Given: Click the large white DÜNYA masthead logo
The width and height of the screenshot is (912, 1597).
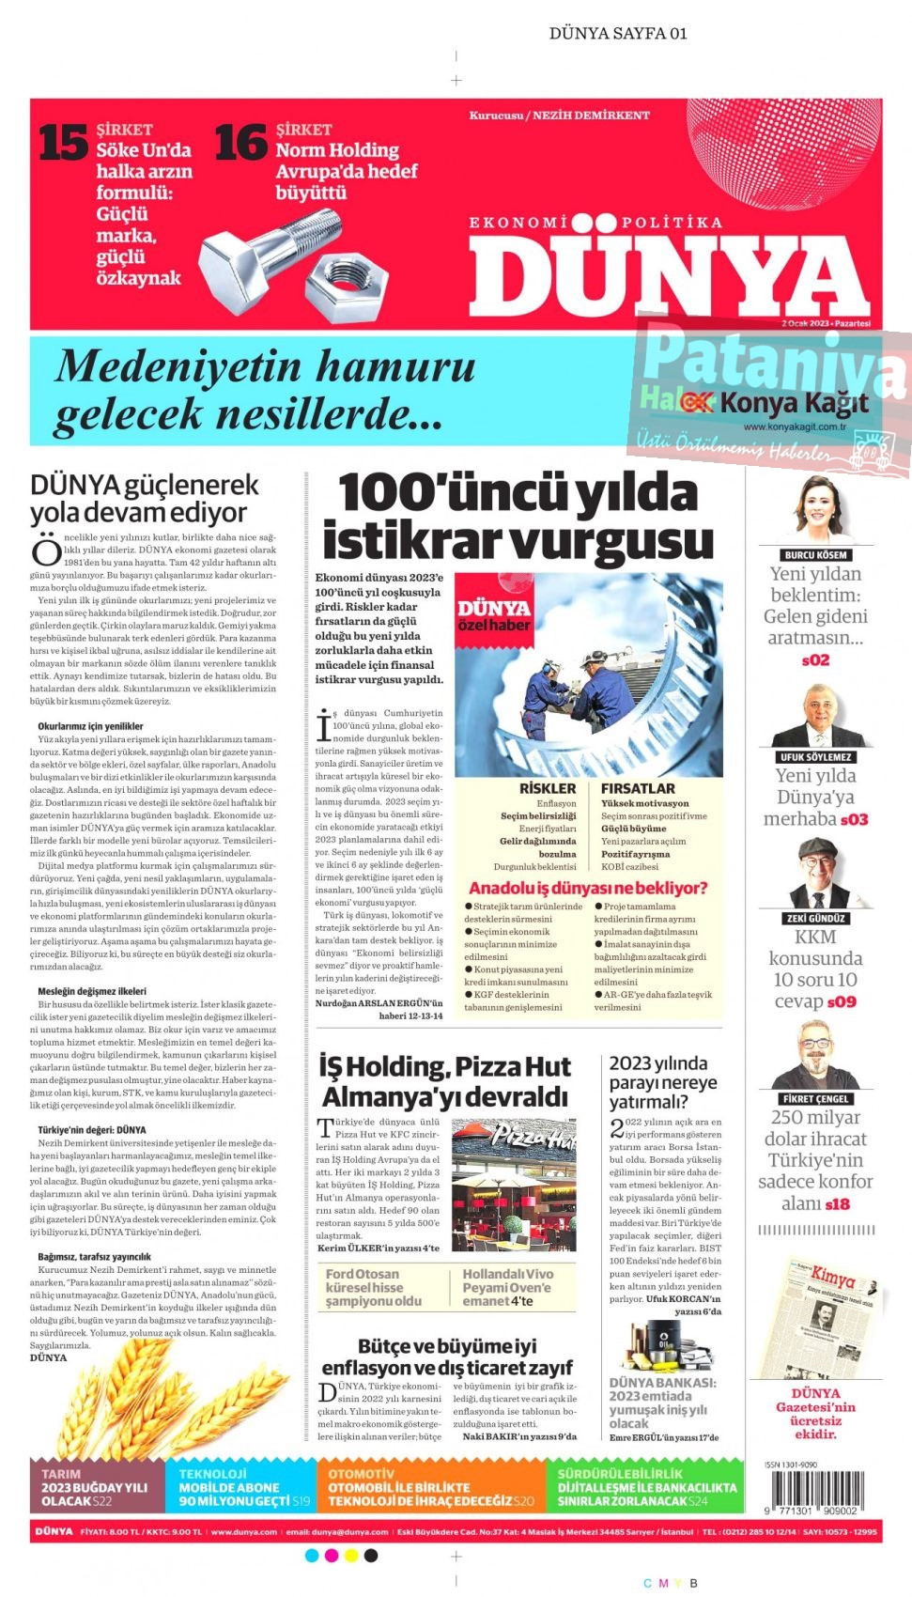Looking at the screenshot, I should coord(668,275).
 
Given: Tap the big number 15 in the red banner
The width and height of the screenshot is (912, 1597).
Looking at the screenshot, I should coord(63,143).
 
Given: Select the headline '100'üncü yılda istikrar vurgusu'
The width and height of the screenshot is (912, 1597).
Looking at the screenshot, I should coord(518,518).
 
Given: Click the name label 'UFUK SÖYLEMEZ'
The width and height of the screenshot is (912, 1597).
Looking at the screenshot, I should coord(815,757).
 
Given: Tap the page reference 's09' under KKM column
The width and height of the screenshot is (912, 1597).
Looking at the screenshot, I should coord(841,1002).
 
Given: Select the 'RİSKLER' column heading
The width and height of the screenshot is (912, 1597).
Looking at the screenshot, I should coord(548,789).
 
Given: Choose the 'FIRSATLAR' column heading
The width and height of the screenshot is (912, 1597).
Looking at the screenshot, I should coord(638,789).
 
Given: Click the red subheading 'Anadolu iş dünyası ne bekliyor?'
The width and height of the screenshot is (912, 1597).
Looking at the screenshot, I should coord(587,888).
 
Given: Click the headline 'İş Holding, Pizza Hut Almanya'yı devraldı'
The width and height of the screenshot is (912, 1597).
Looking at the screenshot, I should coord(445,1081).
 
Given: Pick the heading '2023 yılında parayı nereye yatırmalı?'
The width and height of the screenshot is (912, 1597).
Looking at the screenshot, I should coord(663,1082).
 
